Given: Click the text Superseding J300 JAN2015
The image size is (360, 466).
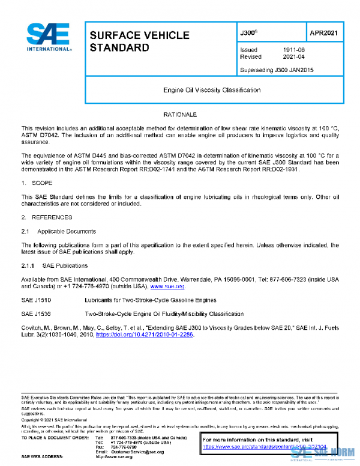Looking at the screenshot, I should (x=275, y=70).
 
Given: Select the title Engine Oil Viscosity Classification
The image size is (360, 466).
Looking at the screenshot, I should (x=212, y=90).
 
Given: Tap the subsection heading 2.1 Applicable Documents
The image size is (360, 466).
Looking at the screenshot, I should (x=59, y=231).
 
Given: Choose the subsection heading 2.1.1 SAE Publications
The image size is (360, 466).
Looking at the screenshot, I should (x=55, y=265).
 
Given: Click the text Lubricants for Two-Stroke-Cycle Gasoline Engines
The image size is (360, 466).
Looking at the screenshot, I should (x=151, y=299).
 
